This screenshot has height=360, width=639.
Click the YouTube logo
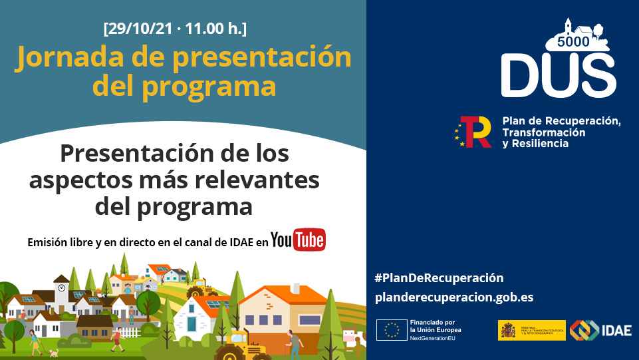(298, 240)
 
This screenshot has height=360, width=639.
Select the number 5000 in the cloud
(573, 42)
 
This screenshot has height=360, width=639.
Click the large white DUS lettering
(559, 75)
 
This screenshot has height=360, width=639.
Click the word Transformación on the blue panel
(544, 132)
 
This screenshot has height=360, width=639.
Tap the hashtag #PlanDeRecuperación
(439, 277)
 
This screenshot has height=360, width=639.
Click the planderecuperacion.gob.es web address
(454, 297)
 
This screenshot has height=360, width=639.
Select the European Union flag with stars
(392, 330)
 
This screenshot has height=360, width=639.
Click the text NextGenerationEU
(437, 338)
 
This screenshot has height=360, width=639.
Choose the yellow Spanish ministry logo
(531, 330)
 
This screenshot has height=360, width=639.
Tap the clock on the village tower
(61, 287)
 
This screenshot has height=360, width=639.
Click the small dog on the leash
(54, 352)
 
